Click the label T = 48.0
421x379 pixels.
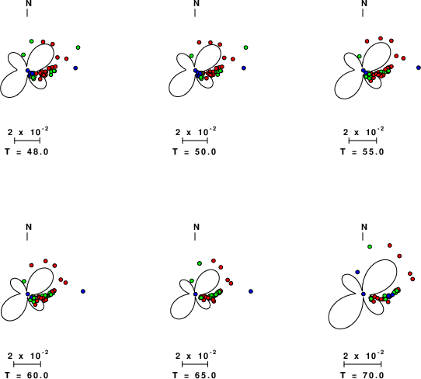pos(27,152)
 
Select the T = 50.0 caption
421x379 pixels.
pos(195,152)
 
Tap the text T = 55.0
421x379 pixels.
pos(363,152)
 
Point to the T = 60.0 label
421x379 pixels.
pos(27,375)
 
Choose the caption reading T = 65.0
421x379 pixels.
pos(195,375)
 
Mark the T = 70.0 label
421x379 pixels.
pos(363,375)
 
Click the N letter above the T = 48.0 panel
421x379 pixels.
pos(29,3)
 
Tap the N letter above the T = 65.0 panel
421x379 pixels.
pos(197,227)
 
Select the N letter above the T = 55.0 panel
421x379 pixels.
pos(364,3)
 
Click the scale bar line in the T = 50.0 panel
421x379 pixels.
pos(195,141)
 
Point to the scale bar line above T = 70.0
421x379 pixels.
pos(363,364)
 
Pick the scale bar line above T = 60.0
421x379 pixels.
pos(27,364)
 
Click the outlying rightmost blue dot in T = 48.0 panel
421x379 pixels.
pos(75,68)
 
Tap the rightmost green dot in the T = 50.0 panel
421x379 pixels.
pos(245,47)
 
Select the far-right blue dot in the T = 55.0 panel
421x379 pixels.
pos(419,68)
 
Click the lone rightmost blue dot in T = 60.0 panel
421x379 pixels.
pos(83,291)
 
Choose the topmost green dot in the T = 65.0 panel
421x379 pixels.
pos(200,263)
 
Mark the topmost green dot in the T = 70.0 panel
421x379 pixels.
pos(370,247)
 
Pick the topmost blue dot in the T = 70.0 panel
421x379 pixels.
pos(357,272)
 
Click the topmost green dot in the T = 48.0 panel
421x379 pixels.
pos(31,41)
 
